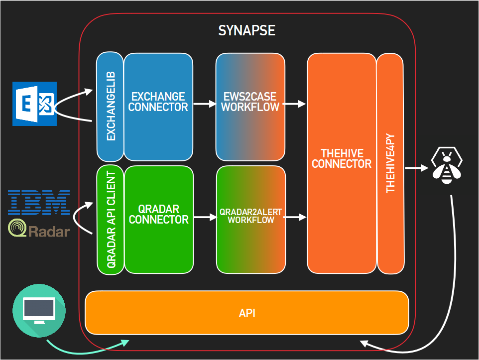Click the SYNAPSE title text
(x=246, y=30)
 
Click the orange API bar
(x=247, y=313)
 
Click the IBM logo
(x=39, y=202)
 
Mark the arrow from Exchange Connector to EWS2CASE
(x=203, y=104)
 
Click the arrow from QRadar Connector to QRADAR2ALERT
(x=203, y=218)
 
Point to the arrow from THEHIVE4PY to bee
(x=416, y=168)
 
